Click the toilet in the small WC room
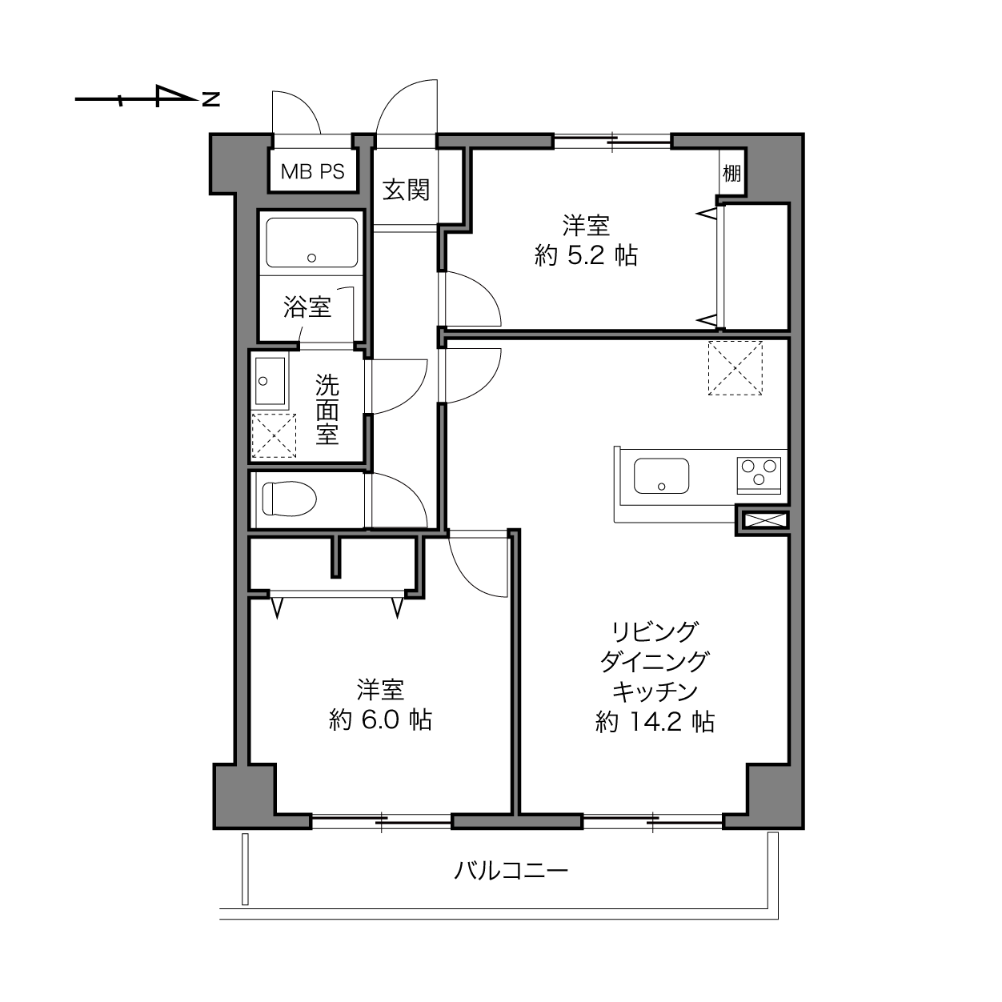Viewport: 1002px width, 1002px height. point(289,499)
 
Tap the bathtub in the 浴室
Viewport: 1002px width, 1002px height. point(311,242)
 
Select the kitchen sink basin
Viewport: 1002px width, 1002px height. point(661,475)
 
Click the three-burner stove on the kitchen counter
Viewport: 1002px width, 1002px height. point(759,475)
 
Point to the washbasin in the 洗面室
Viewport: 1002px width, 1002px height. point(271,382)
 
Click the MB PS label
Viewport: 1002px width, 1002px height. point(312,171)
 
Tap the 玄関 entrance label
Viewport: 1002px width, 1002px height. point(406,190)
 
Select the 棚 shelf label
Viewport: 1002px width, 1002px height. point(731,173)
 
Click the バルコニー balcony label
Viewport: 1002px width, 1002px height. point(511,870)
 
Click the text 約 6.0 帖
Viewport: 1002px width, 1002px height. point(380,720)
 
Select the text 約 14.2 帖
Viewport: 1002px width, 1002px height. point(655,722)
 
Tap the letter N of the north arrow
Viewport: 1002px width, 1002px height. point(211,99)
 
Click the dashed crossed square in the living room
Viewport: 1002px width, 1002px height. point(735,368)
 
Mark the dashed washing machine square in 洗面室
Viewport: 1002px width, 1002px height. point(274,436)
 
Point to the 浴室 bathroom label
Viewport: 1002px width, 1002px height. point(307,307)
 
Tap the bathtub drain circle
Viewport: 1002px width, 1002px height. point(311,258)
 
